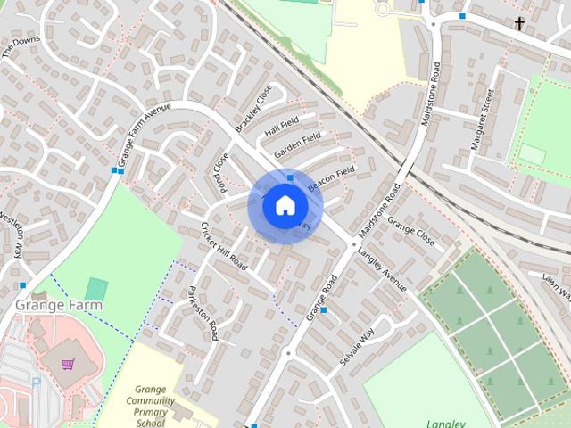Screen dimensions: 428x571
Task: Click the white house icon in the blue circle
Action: [x=285, y=206]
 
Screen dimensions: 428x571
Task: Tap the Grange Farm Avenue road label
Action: [x=142, y=137]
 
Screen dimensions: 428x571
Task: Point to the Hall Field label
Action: [x=282, y=127]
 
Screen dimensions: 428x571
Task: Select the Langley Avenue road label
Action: [x=382, y=269]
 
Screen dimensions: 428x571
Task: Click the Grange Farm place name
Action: [x=59, y=305]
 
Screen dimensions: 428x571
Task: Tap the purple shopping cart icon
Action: [x=68, y=364]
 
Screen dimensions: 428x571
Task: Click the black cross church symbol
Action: [x=520, y=23]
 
